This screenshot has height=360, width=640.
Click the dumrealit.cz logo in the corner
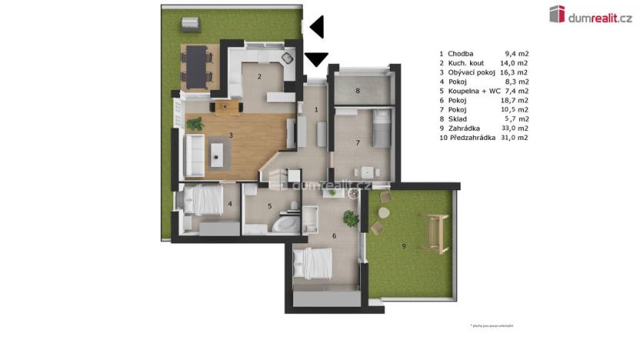(590, 13)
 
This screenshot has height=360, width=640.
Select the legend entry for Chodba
(461, 54)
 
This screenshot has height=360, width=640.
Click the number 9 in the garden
(404, 245)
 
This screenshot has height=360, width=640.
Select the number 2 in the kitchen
(259, 76)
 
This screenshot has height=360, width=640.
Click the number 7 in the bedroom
(358, 142)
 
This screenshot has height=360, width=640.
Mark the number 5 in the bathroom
(270, 205)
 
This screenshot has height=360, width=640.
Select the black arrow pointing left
(317, 28)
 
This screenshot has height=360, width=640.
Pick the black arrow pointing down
(317, 58)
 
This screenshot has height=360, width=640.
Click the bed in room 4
(204, 202)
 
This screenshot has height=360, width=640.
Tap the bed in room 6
(315, 264)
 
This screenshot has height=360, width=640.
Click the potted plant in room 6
(351, 218)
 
